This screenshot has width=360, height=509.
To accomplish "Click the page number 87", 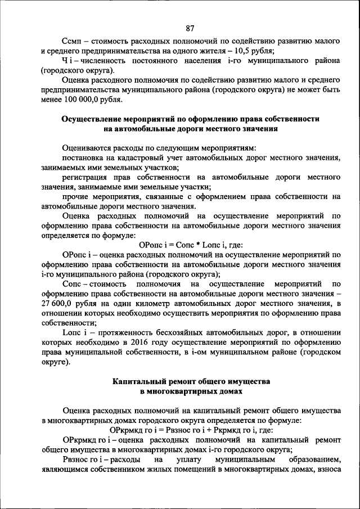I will [190, 28].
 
